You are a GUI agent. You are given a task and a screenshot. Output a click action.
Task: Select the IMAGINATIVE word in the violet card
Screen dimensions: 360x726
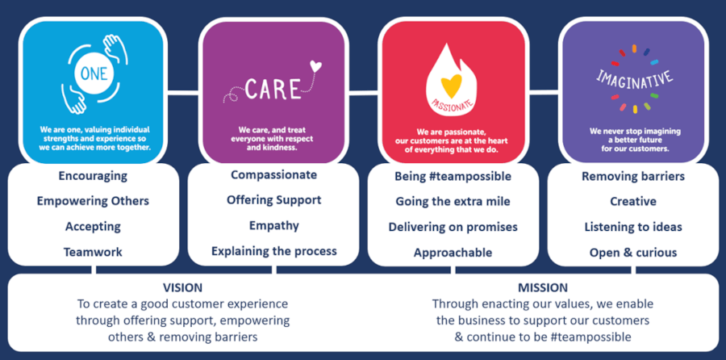[633, 79]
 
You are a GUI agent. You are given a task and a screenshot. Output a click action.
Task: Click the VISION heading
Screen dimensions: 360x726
[182, 287]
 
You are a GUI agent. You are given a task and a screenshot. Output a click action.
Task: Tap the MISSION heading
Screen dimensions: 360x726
[543, 287]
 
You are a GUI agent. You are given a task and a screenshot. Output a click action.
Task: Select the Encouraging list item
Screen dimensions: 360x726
[92, 175]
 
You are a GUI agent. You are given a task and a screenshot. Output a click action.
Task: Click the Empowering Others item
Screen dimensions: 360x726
[93, 200]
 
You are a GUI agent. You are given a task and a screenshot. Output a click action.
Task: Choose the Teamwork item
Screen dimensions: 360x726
[93, 252]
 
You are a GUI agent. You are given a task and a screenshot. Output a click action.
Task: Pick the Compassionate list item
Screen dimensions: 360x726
[273, 174]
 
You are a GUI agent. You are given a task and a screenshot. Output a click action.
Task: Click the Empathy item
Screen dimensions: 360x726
[273, 225]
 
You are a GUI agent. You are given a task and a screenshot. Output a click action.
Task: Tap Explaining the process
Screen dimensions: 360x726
[273, 251]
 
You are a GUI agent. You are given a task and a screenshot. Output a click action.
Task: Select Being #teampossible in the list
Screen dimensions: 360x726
[453, 175]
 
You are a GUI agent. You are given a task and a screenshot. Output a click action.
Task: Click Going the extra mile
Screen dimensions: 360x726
[453, 201]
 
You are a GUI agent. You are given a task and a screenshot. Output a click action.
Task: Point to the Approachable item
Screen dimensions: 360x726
[453, 253]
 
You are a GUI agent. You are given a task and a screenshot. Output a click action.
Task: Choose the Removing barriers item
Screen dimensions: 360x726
[632, 175]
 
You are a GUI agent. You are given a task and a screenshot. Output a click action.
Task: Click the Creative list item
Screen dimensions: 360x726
[632, 201]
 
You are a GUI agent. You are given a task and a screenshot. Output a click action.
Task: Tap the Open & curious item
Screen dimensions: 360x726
[632, 253]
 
